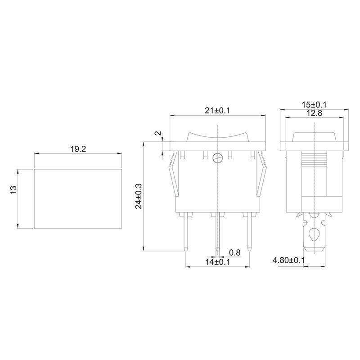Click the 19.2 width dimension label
(78, 149)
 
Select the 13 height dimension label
(14, 189)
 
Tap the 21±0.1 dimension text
(217, 111)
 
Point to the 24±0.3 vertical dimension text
(139, 196)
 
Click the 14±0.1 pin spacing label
(217, 262)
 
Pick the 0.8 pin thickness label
(234, 252)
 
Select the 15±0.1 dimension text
(314, 105)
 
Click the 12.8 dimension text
(315, 113)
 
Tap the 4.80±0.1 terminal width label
(288, 261)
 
